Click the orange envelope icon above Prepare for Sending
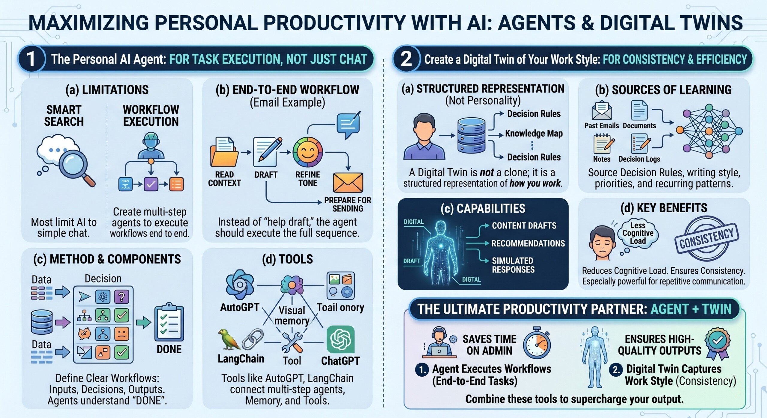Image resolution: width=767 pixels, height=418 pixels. tap(348, 182)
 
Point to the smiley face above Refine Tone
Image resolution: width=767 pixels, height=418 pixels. tap(307, 152)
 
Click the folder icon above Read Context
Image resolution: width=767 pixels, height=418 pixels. tap(224, 152)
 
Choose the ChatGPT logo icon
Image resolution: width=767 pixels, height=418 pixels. tap(341, 340)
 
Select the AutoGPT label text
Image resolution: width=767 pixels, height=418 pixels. tap(240, 307)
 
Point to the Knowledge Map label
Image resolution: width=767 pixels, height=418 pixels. tap(534, 133)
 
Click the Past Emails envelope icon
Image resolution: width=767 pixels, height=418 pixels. tap(602, 111)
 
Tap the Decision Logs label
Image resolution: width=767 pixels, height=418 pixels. tap(639, 159)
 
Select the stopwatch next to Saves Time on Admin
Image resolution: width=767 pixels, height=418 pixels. tap(537, 343)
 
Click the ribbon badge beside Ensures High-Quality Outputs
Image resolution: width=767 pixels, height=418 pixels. tap(717, 343)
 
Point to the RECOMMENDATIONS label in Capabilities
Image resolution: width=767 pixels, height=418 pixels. tap(528, 243)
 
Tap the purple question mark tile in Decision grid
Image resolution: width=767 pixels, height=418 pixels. tap(122, 297)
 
